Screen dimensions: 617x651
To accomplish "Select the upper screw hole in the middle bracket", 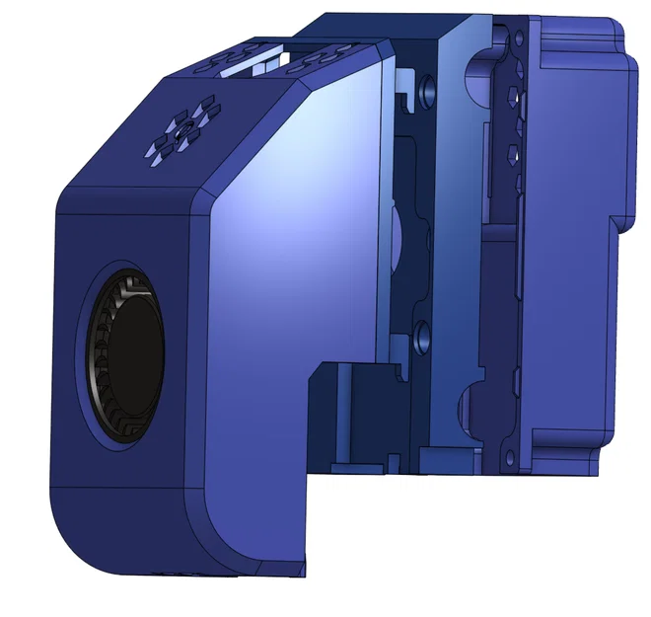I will (x=426, y=91).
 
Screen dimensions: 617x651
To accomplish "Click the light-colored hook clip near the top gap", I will (x=405, y=83).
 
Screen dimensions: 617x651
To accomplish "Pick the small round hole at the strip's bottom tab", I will (x=507, y=453).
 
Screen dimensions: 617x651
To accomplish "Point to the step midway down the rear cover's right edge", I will (x=621, y=222).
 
